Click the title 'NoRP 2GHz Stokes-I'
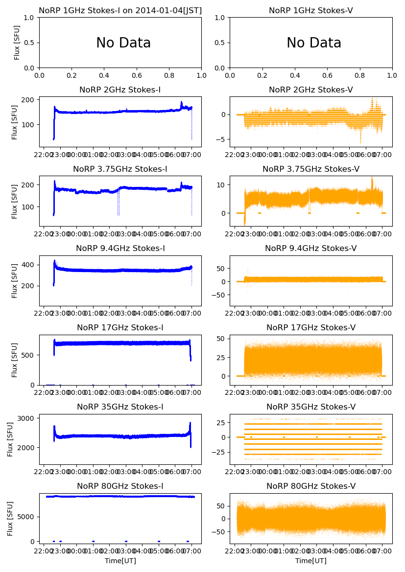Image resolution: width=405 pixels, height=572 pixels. pyautogui.click(x=120, y=90)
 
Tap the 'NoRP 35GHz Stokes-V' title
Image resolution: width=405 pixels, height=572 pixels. pyautogui.click(x=311, y=407)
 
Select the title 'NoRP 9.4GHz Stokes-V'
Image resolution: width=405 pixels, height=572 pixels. pyautogui.click(x=311, y=248)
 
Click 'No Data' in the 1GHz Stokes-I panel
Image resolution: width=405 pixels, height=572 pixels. pyautogui.click(x=123, y=43)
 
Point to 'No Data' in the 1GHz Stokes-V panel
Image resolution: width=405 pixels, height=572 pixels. pyautogui.click(x=314, y=43)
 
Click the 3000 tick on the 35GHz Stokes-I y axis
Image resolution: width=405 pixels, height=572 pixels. pyautogui.click(x=27, y=418)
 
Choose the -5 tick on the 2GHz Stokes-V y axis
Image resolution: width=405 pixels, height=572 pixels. pyautogui.click(x=222, y=139)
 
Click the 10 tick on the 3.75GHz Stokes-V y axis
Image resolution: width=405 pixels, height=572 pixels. pyautogui.click(x=221, y=185)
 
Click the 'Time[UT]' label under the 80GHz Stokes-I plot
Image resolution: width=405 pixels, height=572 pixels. pyautogui.click(x=120, y=561)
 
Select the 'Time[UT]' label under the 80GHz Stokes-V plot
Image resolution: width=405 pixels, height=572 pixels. pyautogui.click(x=311, y=561)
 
